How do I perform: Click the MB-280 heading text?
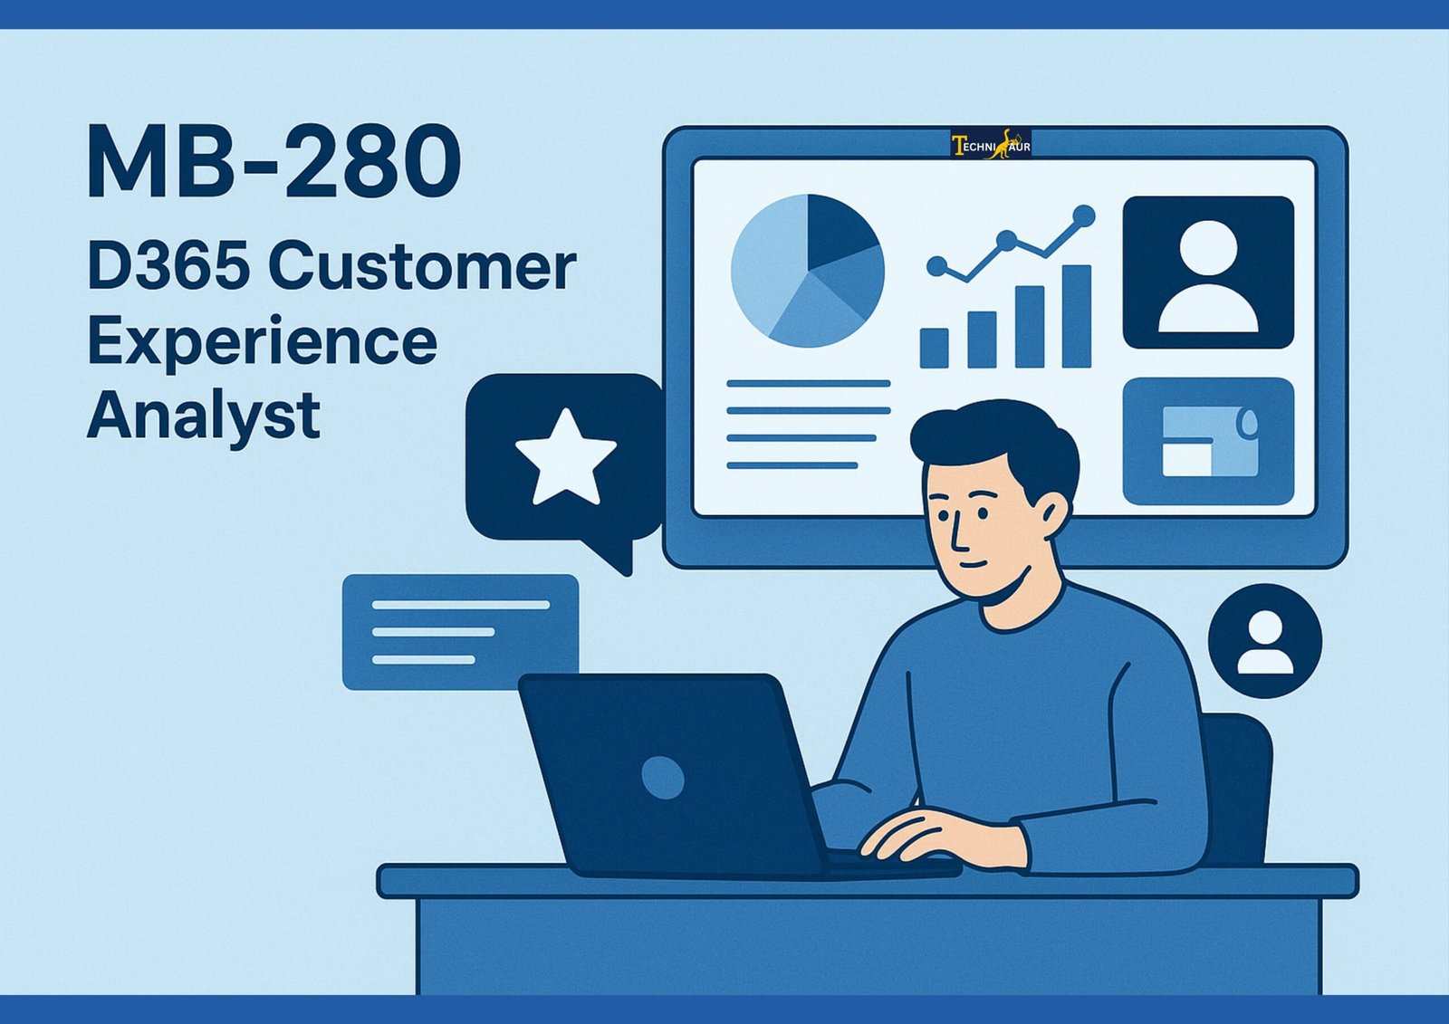(x=274, y=162)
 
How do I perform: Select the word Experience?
(x=262, y=343)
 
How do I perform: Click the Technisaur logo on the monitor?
(x=991, y=144)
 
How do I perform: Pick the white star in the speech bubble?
(x=566, y=457)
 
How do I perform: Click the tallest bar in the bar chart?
(x=1077, y=316)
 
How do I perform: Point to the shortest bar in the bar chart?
(x=934, y=348)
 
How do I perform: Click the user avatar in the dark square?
(x=1208, y=276)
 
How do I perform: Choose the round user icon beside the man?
(x=1265, y=641)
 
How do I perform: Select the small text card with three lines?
(x=461, y=632)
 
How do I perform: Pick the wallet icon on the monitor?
(x=1208, y=442)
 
